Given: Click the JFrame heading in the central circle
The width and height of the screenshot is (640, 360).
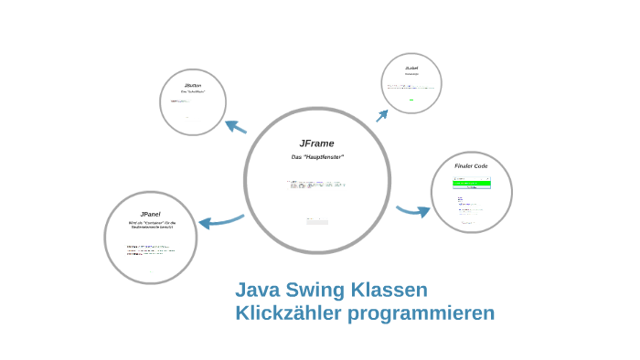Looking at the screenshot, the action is (316, 143).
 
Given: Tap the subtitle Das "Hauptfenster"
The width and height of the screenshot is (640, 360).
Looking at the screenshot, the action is (316, 158).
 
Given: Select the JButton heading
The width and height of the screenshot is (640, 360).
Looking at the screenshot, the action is (192, 84).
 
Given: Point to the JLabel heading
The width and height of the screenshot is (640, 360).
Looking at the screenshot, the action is (411, 68).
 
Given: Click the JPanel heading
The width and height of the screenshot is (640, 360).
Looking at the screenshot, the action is (151, 213).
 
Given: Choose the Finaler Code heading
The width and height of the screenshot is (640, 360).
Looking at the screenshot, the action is (471, 166).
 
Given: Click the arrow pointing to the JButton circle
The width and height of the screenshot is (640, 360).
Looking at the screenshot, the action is (236, 127).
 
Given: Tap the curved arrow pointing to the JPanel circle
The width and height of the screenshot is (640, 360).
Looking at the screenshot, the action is (220, 220).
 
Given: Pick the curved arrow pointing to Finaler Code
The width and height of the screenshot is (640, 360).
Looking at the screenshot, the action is (413, 211).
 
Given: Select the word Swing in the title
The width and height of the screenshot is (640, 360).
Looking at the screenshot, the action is (315, 291).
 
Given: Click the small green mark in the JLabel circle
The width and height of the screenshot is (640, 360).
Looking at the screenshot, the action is (411, 100).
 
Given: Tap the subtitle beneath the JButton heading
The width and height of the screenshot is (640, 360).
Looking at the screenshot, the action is (192, 92).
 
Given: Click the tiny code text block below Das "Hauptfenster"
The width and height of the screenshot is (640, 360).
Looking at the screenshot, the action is (315, 185).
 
